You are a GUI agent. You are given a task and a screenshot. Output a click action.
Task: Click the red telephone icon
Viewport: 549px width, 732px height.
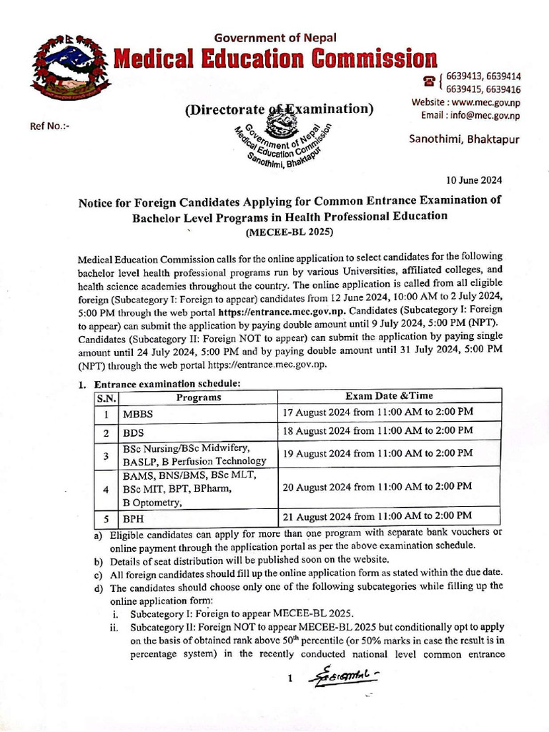pyautogui.click(x=430, y=81)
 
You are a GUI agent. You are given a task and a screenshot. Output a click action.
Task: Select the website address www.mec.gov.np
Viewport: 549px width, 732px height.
pyautogui.click(x=465, y=103)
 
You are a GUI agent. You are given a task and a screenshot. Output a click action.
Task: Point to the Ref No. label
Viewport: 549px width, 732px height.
pyautogui.click(x=49, y=127)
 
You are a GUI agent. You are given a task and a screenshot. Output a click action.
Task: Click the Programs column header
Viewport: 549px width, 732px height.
pyautogui.click(x=199, y=397)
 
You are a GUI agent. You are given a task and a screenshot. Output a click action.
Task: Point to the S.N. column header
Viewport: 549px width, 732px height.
pyautogui.click(x=106, y=397)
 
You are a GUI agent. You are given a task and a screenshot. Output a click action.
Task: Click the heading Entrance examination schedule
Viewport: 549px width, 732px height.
pyautogui.click(x=168, y=383)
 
